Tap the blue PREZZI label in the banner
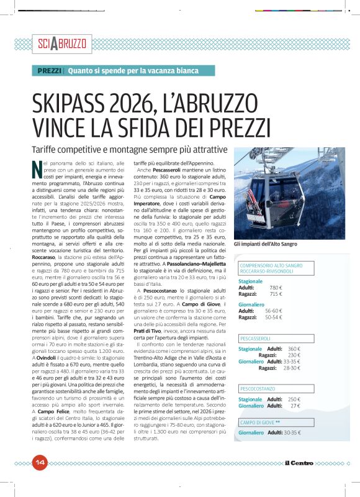click(x=49, y=71)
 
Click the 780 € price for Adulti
click(x=276, y=288)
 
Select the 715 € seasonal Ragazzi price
click(x=276, y=294)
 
